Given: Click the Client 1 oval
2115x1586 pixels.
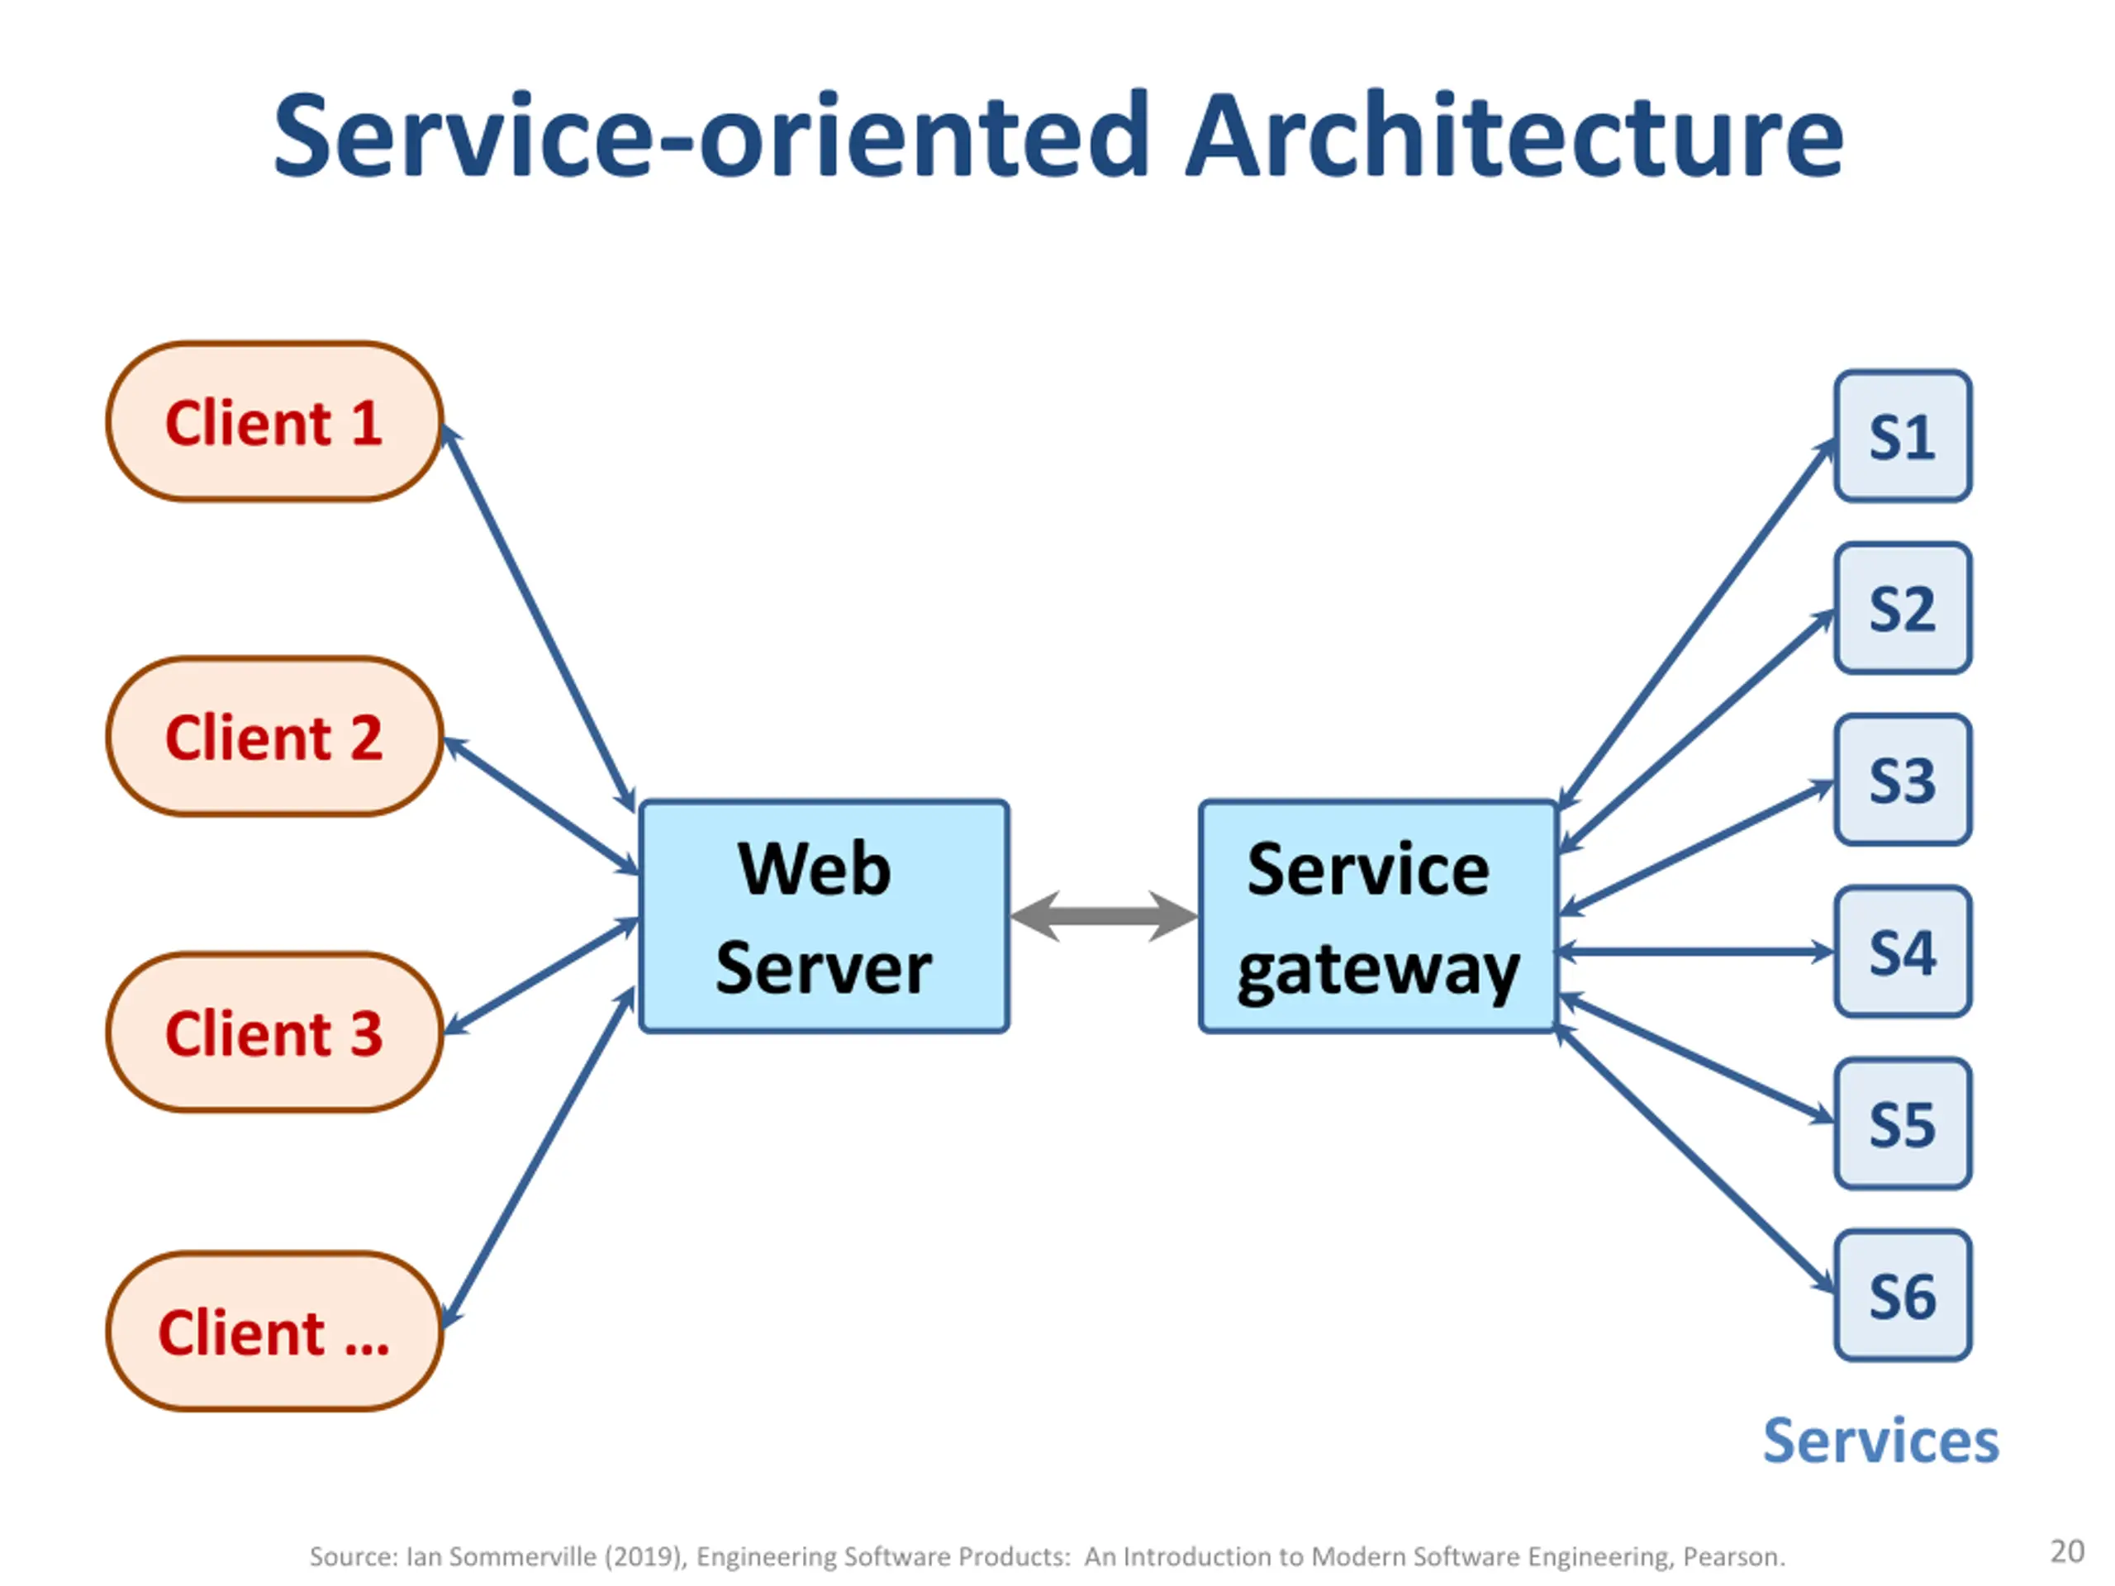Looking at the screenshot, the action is click(x=274, y=421).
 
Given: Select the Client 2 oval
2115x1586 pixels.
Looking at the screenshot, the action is click(x=274, y=736).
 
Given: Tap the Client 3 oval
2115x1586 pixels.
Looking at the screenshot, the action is click(x=274, y=1033).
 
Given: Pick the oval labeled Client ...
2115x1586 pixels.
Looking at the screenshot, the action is click(x=274, y=1332).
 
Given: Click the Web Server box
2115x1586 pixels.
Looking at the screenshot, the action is click(x=825, y=917).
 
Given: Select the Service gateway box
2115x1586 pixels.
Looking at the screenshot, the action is click(x=1378, y=917).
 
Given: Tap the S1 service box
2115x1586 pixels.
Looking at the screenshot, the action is click(x=1903, y=436).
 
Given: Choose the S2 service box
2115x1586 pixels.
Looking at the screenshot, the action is click(x=1903, y=608).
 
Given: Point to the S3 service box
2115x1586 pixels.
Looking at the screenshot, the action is click(x=1903, y=780).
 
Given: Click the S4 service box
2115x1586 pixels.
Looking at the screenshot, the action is click(x=1903, y=952).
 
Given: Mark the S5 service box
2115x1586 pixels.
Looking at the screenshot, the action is click(x=1903, y=1124).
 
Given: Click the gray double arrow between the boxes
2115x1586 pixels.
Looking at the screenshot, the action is click(x=1105, y=917).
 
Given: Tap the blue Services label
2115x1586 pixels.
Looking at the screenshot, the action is click(x=1880, y=1441).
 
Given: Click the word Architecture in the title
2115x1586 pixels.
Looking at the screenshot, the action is click(x=1514, y=135).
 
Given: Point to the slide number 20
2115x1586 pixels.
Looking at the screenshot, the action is click(x=2067, y=1550).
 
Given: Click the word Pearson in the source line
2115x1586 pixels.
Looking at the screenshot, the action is click(x=1733, y=1557).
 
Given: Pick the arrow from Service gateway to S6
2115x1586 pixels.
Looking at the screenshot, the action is click(x=1696, y=1161).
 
